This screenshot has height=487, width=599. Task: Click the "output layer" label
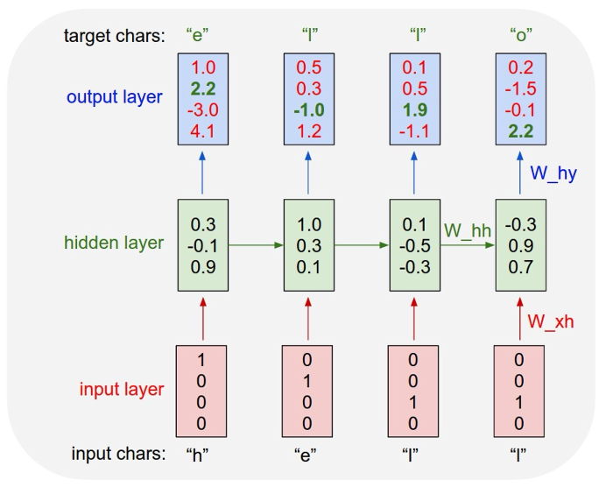116,96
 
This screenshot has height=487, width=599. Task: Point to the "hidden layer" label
113,243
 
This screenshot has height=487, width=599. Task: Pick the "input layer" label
122,389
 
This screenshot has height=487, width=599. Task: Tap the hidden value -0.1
203,243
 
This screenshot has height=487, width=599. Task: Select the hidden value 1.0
308,224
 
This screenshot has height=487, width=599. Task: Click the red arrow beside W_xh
518,315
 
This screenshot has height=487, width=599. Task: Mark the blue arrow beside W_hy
518,171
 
